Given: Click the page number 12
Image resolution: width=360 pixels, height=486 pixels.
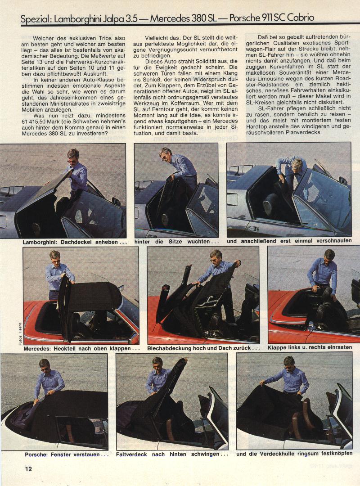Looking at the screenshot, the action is [28, 468].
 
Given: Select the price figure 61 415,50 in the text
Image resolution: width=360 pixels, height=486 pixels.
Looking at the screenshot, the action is [36, 121].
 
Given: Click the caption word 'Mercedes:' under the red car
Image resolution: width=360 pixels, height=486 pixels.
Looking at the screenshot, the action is [37, 348].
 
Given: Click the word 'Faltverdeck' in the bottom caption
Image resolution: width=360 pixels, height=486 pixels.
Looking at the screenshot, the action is [131, 454].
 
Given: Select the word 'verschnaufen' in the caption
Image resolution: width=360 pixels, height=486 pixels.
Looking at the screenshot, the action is [334, 241].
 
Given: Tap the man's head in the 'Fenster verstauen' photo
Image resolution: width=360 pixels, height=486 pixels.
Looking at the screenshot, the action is [45, 366].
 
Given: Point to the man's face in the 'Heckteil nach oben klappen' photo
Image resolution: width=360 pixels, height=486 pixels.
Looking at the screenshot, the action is [55, 258].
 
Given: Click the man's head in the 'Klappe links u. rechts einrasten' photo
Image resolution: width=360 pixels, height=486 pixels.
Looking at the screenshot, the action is [329, 256].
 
